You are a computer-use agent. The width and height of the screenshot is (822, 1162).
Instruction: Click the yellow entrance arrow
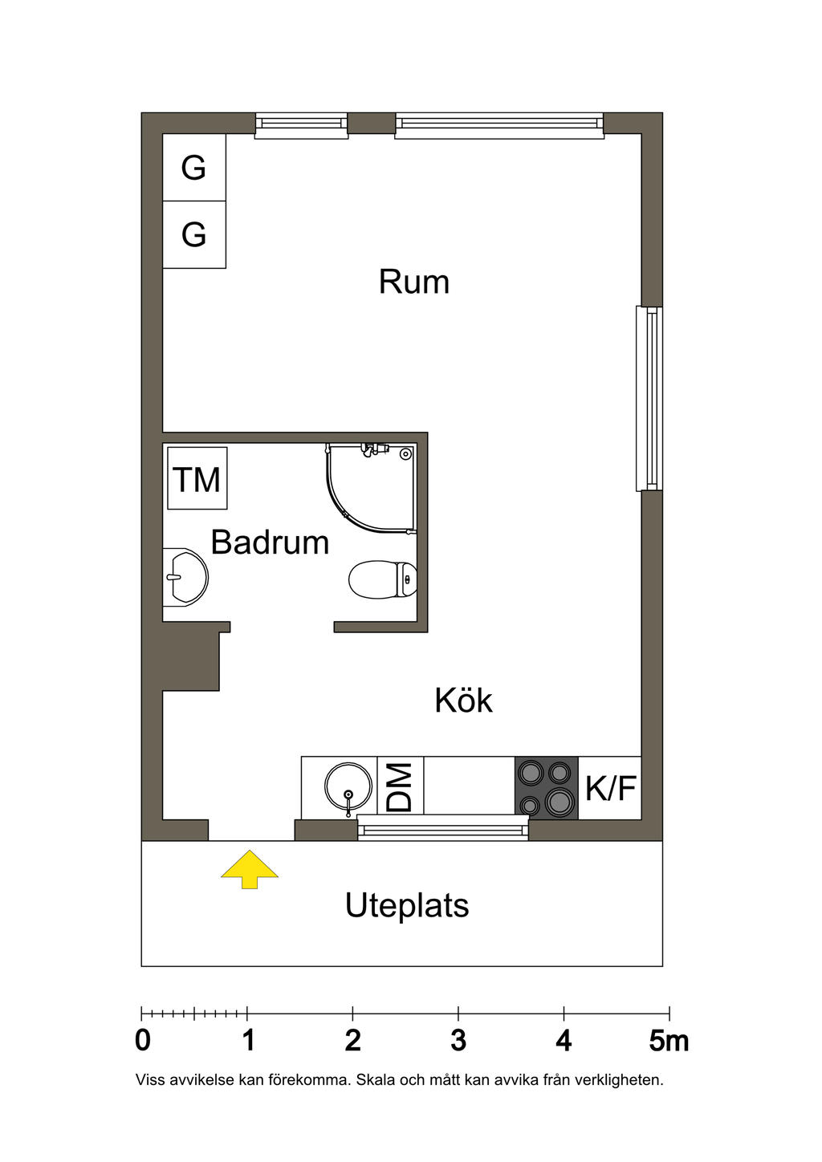[x=250, y=868]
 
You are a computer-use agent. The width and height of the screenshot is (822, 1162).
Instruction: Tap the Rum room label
[x=413, y=282]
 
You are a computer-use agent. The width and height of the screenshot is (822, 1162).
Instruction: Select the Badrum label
[x=270, y=542]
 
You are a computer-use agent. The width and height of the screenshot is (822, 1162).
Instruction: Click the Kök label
[x=463, y=701]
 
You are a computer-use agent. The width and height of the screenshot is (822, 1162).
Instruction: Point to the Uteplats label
[x=407, y=905]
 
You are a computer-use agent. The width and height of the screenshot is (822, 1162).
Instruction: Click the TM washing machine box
[x=197, y=479]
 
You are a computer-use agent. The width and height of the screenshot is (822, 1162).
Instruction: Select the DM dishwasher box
[x=400, y=786]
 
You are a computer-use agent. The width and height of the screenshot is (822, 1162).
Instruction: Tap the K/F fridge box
[x=610, y=788]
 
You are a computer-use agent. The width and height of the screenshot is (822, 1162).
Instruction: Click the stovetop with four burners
[x=546, y=787]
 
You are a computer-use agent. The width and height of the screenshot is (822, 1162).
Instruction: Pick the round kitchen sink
[x=348, y=788]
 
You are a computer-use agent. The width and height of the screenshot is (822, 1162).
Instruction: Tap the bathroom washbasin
[x=185, y=576]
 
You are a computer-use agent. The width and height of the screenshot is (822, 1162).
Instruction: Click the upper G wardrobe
[x=194, y=168]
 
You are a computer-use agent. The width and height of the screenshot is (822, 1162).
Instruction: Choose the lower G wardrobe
[x=194, y=234]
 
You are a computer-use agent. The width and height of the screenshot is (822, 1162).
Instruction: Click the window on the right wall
[x=650, y=398]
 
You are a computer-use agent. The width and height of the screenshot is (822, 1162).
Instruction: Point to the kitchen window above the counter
[x=443, y=827]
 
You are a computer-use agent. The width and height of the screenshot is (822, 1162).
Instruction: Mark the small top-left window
[x=302, y=124]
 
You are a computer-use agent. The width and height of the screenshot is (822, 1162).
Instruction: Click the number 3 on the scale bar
[x=458, y=1041]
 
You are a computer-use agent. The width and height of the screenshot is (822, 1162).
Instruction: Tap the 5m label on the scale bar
[x=669, y=1041]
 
